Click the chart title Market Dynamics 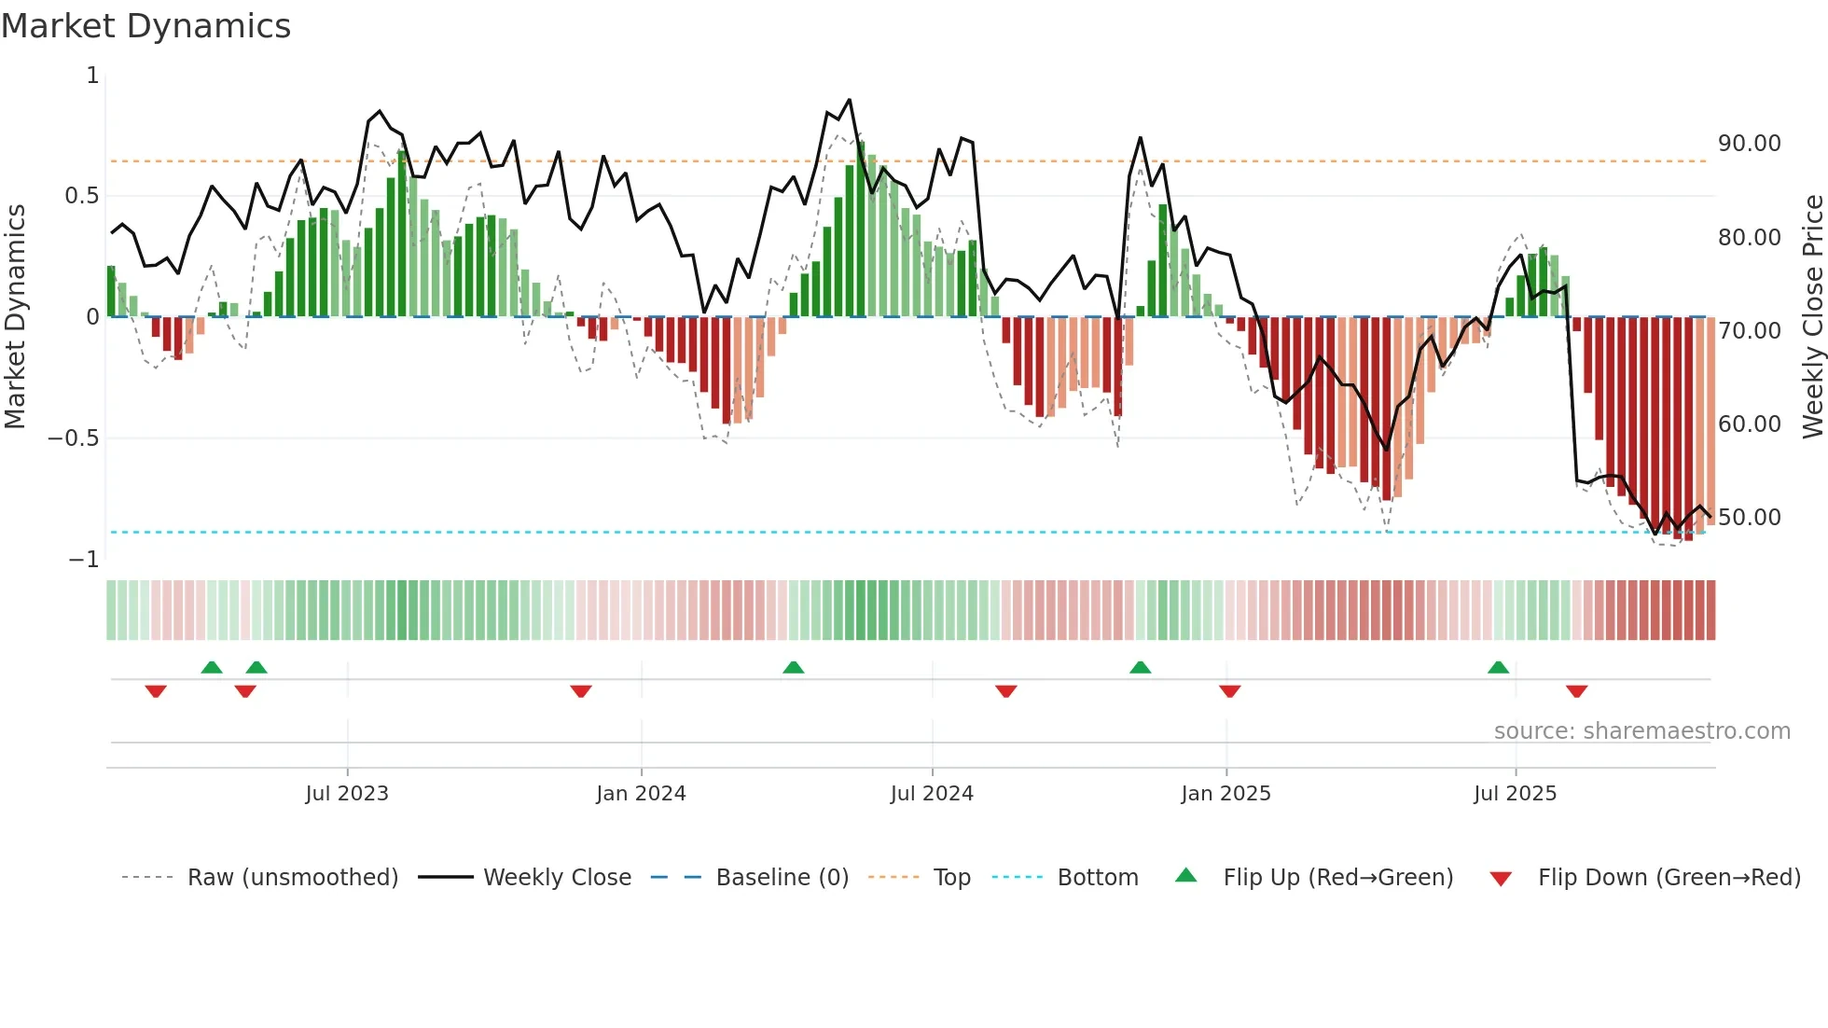(146, 26)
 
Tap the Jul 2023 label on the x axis (347, 794)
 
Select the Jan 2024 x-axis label (641, 794)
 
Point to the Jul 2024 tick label (932, 794)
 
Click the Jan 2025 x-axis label (1226, 794)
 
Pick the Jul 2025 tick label (1515, 794)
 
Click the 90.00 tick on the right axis (1749, 144)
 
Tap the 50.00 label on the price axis (1749, 518)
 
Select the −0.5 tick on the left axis (73, 438)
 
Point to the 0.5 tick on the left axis (81, 196)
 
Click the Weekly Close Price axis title (1812, 316)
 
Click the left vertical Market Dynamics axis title (15, 316)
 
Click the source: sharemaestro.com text (1641, 731)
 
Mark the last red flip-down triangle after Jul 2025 (1576, 691)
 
